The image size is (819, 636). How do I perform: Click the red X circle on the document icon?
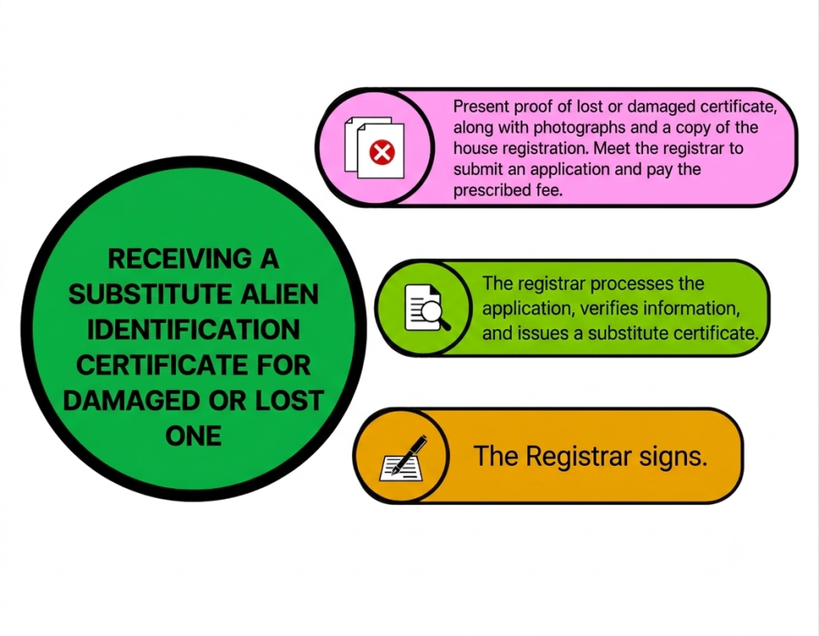[382, 153]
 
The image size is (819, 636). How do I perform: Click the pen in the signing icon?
[409, 454]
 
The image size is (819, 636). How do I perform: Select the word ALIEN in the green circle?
[279, 294]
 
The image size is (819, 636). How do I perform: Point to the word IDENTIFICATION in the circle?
[194, 330]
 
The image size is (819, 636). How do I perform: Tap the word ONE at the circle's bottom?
[194, 436]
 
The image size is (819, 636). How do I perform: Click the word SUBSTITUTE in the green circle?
[150, 294]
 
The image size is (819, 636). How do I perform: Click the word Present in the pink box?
[481, 106]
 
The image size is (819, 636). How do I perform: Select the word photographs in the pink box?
[579, 128]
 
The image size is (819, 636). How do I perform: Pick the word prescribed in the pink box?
[492, 190]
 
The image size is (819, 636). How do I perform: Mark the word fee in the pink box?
[549, 190]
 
